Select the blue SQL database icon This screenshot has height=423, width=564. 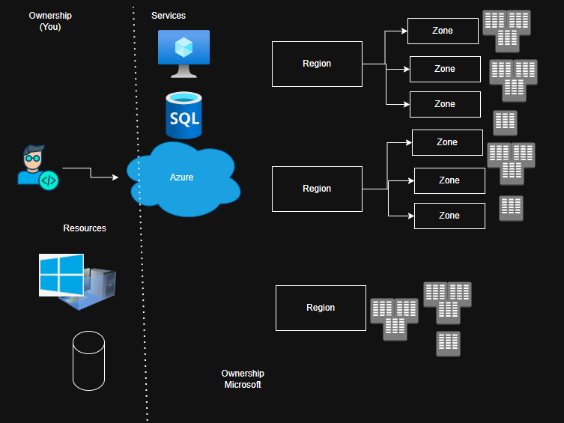click(x=184, y=115)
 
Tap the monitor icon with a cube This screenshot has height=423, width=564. click(x=184, y=53)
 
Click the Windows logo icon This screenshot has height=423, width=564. click(x=61, y=275)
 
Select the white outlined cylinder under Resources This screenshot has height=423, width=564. click(x=88, y=360)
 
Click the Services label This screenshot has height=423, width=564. click(x=169, y=16)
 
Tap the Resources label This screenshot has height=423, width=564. click(x=85, y=228)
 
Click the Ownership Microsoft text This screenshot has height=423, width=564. click(x=243, y=379)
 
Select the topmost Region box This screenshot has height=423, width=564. click(x=317, y=64)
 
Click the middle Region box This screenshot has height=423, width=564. click(x=317, y=189)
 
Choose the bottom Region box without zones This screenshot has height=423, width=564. click(x=321, y=308)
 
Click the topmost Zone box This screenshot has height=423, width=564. click(x=443, y=31)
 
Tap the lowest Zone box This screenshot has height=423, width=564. click(x=449, y=216)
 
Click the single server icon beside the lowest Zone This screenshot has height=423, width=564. click(x=511, y=208)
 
